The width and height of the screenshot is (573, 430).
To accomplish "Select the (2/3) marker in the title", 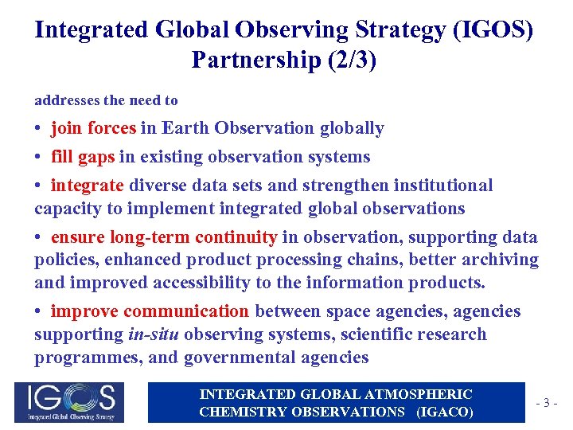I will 344,60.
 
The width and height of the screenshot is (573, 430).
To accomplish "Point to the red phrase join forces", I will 93,128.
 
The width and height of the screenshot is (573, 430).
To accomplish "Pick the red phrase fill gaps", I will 83,157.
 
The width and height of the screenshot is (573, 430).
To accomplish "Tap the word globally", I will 352,128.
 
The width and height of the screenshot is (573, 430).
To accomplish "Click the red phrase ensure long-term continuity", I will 164,237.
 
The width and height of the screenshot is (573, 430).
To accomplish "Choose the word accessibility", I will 192,283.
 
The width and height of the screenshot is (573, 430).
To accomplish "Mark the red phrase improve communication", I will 150,311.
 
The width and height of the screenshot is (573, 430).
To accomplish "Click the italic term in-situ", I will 153,334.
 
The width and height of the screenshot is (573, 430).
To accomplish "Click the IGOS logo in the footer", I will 70,402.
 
